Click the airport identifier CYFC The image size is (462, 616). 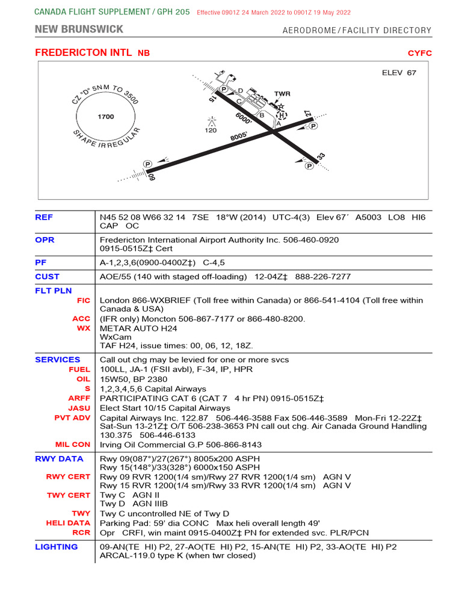419,53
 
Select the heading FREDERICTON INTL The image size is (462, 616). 83,53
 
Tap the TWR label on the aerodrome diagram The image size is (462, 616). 282,94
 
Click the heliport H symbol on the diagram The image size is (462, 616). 282,114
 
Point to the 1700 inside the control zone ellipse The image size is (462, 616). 105,117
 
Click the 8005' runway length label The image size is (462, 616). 239,137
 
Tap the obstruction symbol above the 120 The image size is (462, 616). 211,121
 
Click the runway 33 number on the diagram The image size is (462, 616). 321,157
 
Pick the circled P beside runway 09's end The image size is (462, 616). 147,164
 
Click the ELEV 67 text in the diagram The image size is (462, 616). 399,73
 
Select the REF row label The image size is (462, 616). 44,217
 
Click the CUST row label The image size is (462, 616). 48,277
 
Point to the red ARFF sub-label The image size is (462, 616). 79,398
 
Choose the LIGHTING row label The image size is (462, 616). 56,547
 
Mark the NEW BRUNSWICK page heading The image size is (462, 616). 79,29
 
